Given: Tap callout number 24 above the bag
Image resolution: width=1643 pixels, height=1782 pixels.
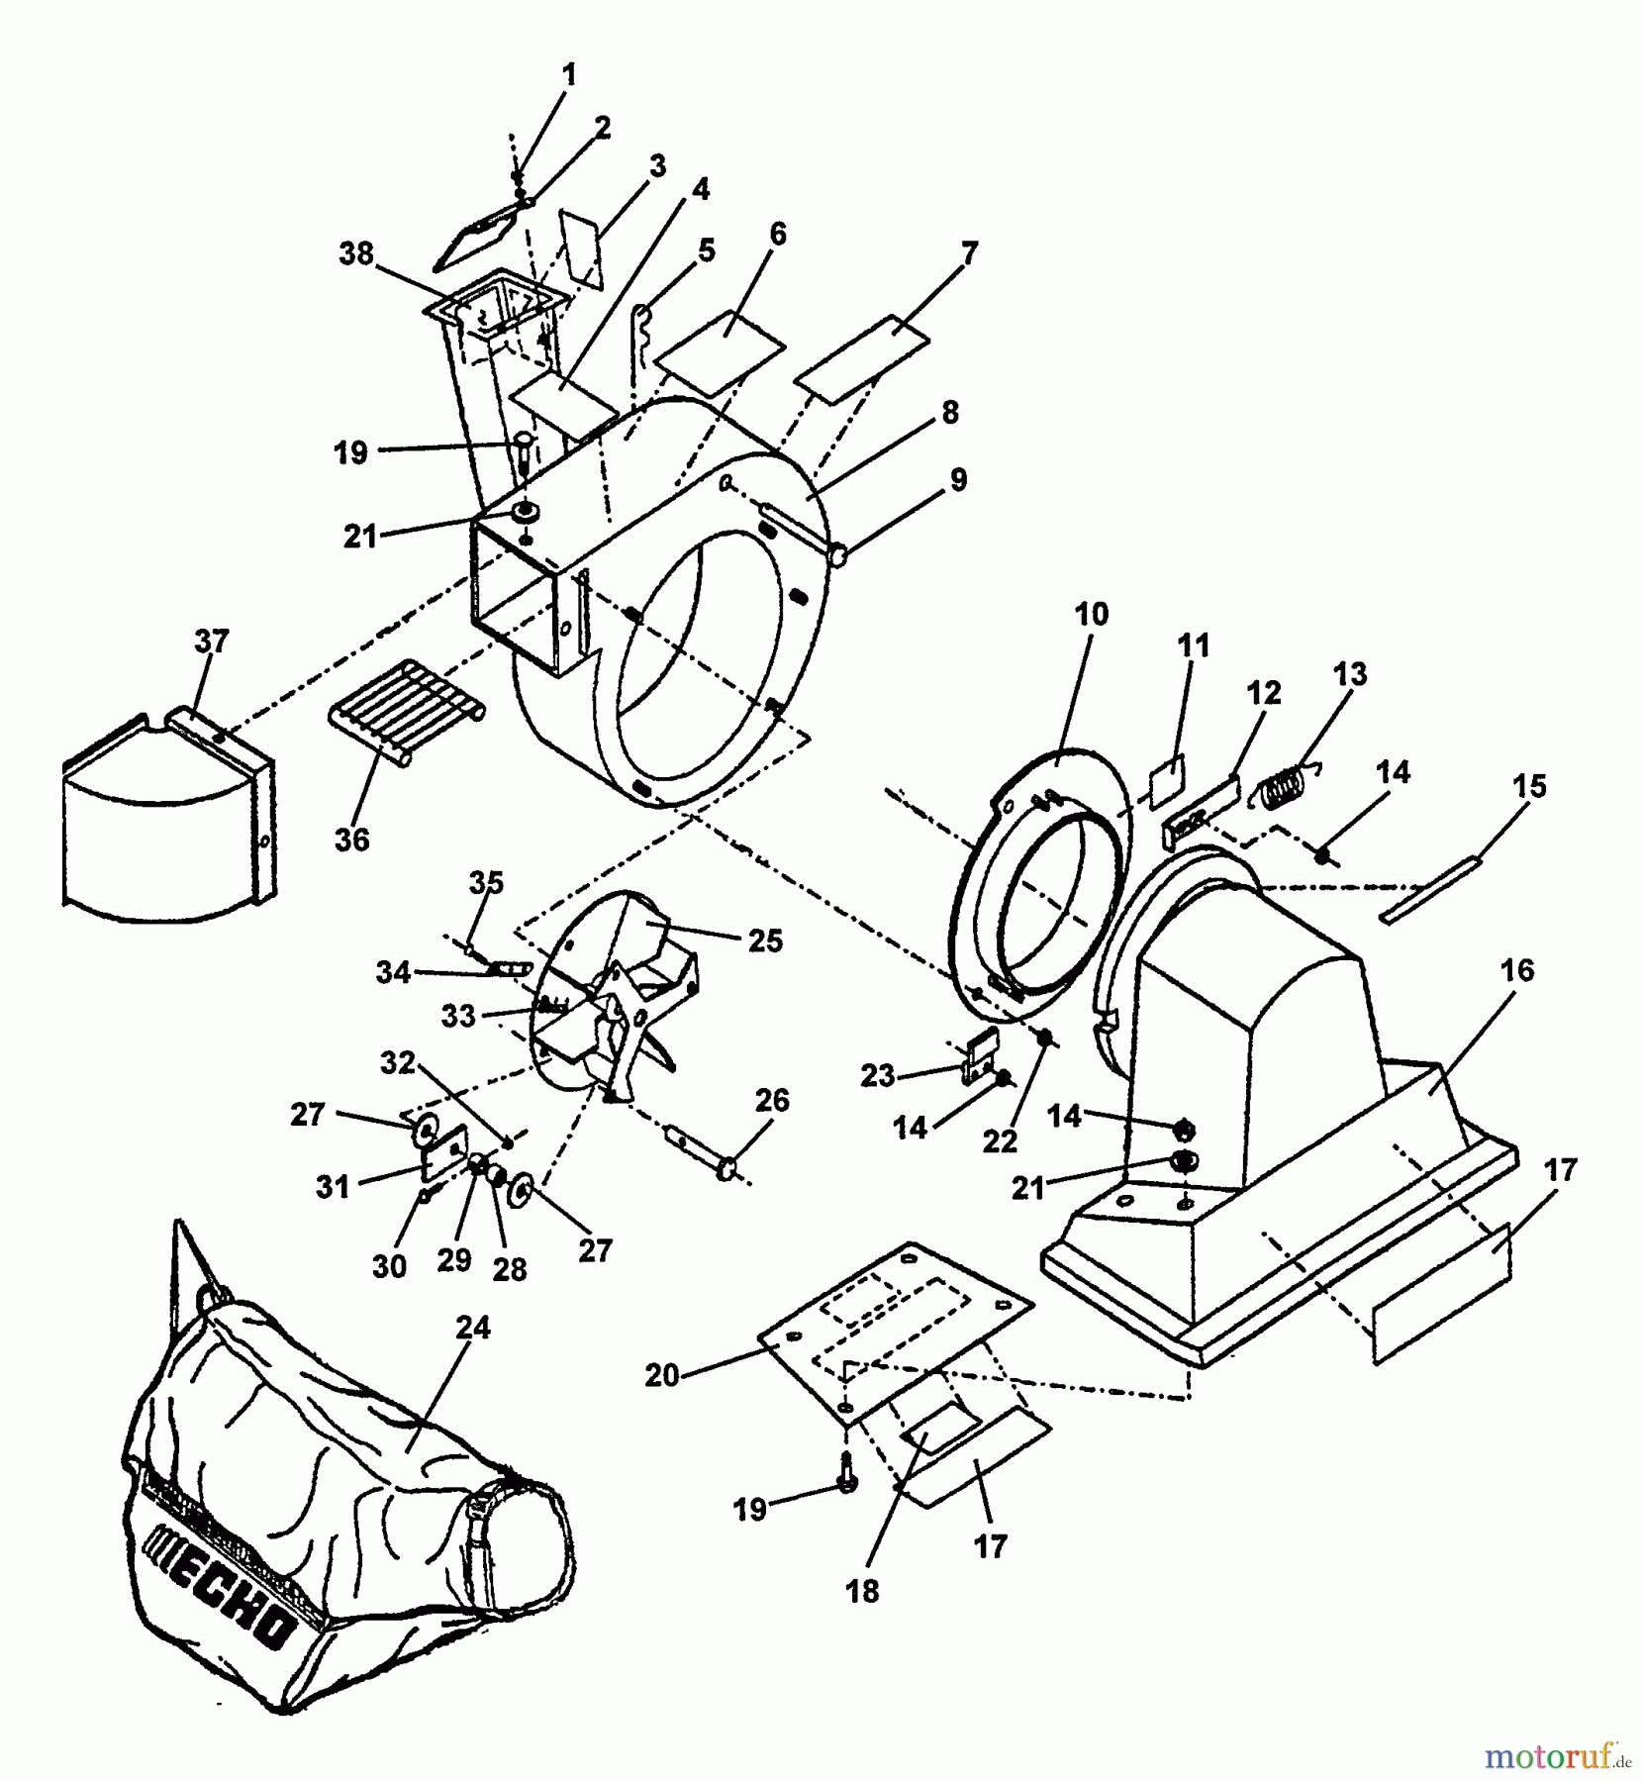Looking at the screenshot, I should tap(473, 1328).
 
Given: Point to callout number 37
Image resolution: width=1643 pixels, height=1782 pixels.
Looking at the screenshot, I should tap(212, 642).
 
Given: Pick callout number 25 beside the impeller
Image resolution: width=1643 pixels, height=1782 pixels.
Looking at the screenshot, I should tap(765, 940).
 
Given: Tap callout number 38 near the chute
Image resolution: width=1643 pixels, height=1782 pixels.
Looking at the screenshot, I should tap(356, 254).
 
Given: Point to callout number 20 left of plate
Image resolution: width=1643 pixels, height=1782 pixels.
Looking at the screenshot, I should tap(662, 1375).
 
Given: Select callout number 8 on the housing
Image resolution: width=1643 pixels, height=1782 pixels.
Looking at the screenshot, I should tap(950, 413).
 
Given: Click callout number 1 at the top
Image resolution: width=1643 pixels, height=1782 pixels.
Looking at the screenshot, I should tap(569, 74).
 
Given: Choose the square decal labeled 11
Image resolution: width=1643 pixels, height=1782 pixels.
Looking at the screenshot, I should tap(1166, 778).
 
